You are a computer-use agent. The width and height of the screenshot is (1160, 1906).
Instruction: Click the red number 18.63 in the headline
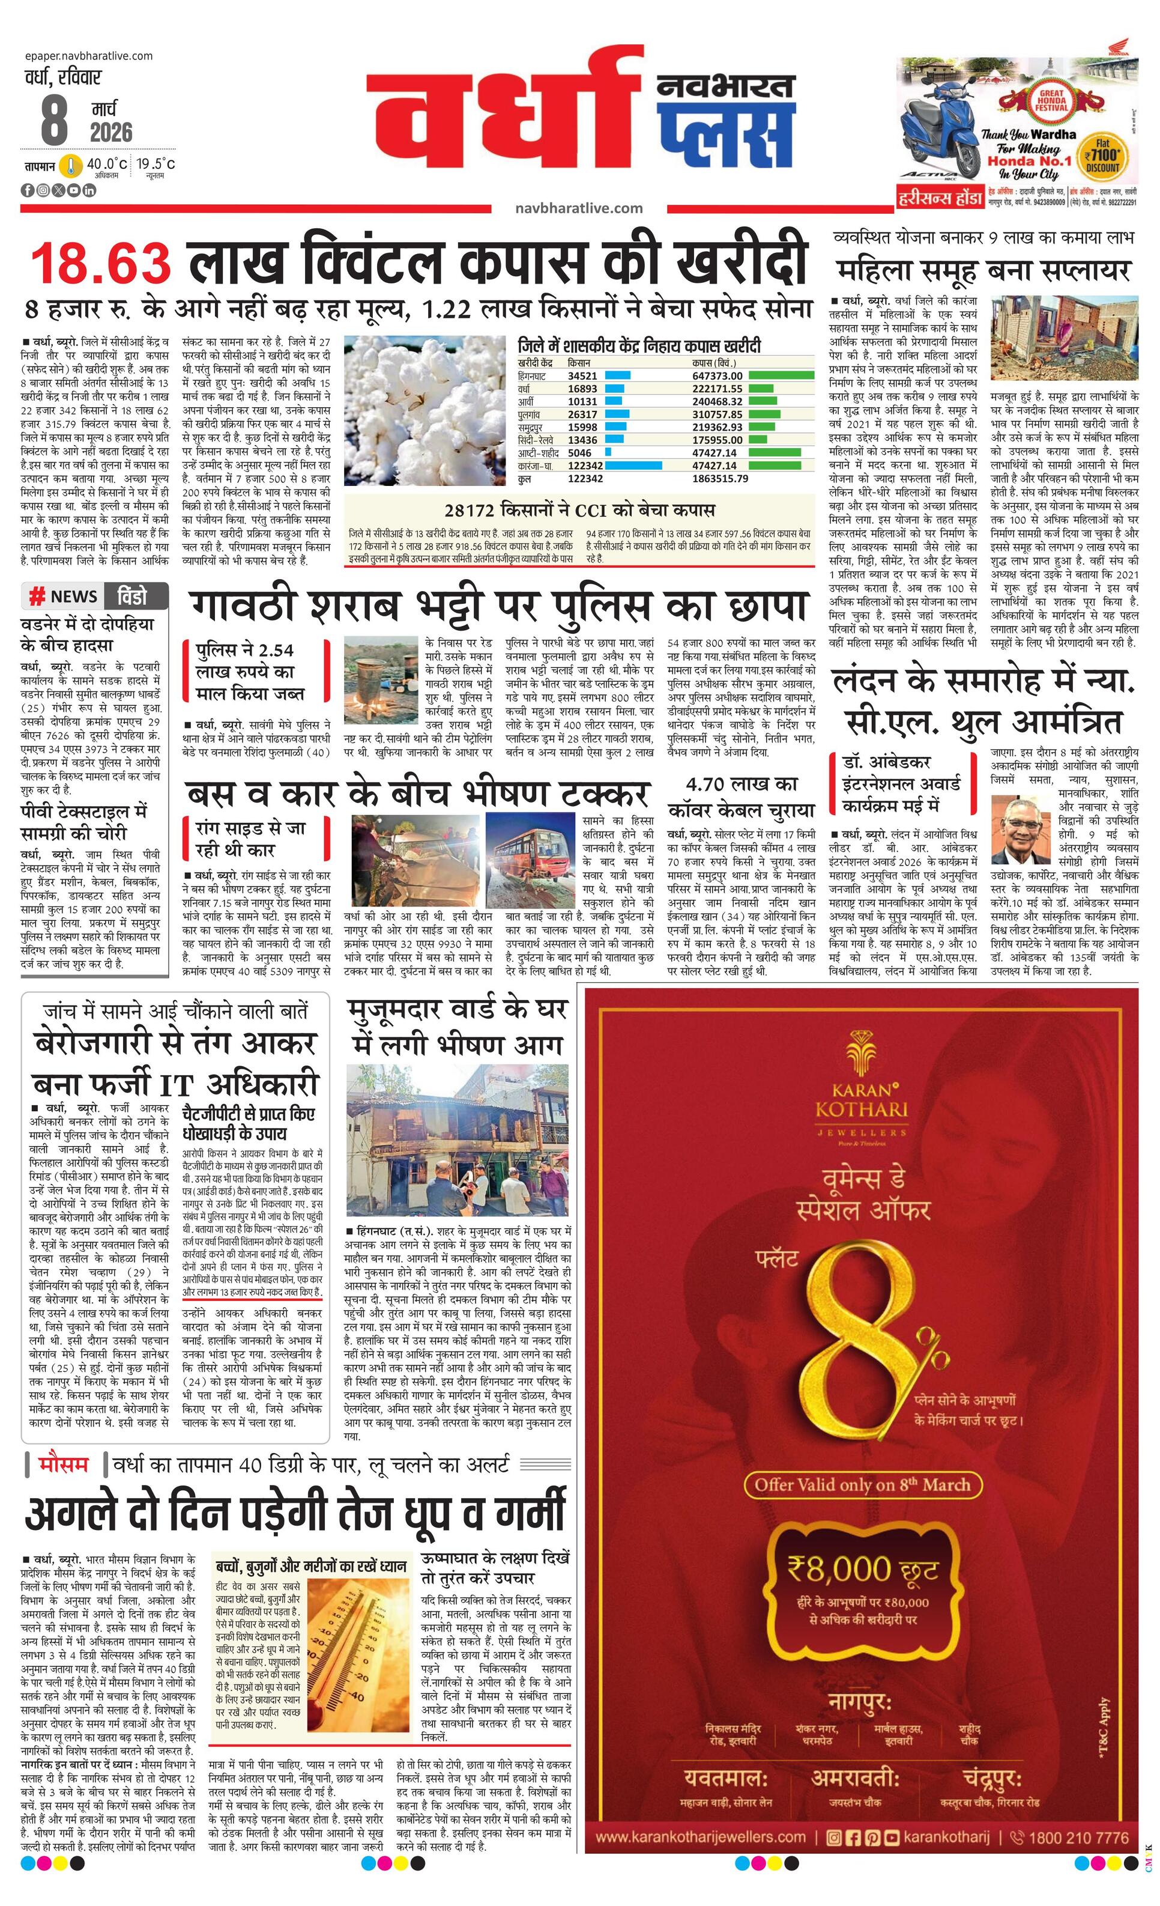pos(100,263)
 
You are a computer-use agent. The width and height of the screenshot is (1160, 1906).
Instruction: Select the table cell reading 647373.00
pos(717,376)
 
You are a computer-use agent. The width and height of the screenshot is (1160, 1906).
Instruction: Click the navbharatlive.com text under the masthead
pos(578,208)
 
